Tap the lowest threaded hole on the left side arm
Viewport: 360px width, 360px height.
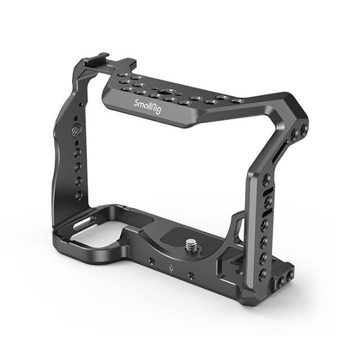pos(79,195)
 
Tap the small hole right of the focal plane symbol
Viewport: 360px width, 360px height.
pos(192,274)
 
